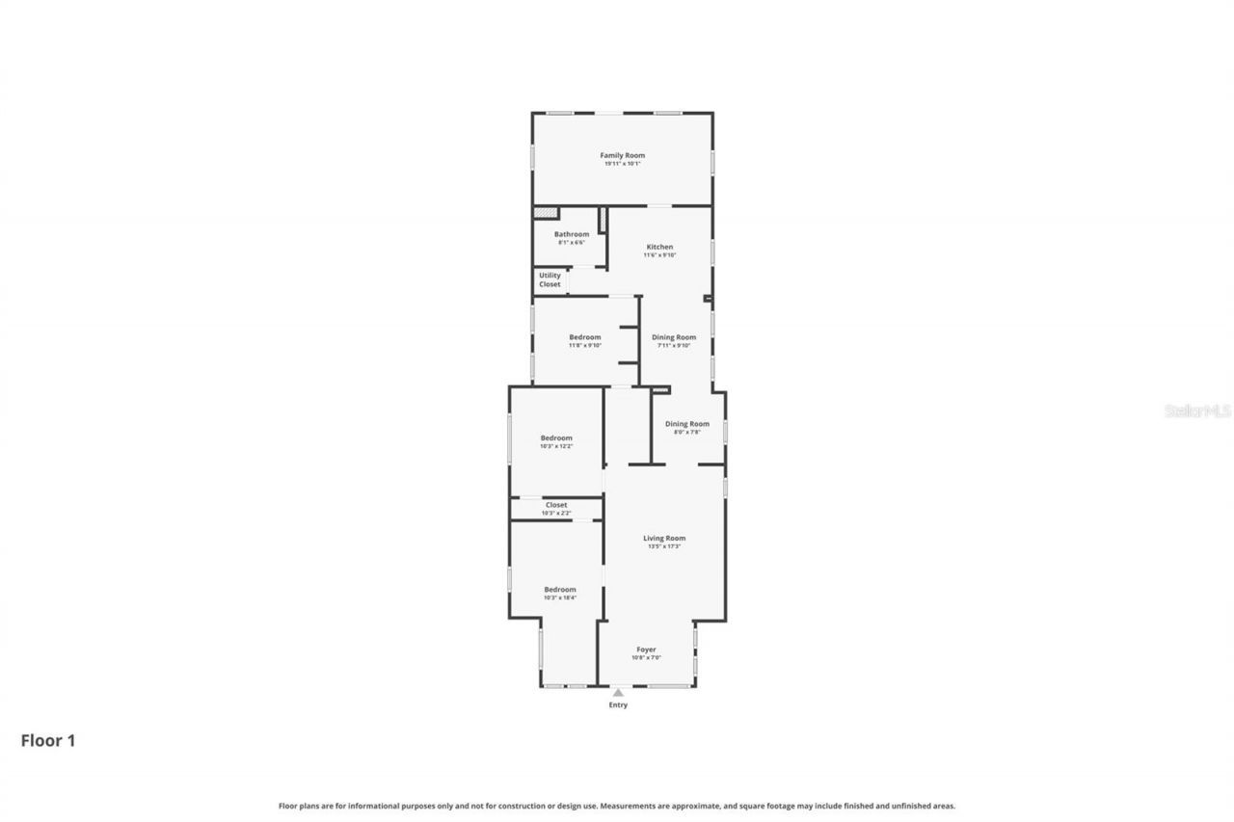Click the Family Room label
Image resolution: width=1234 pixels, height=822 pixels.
coord(622,155)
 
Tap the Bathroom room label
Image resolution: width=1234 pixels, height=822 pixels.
coord(572,234)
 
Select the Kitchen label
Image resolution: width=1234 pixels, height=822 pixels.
coord(659,247)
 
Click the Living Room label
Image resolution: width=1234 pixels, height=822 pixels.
coord(664,538)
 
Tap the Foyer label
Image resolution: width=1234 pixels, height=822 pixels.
coord(646,650)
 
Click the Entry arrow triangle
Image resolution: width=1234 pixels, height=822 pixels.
coord(618,691)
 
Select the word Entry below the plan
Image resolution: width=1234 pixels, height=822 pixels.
coord(618,705)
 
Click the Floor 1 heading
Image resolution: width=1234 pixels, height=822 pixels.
coord(48,740)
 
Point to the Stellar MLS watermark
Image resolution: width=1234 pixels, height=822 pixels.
coord(1197,411)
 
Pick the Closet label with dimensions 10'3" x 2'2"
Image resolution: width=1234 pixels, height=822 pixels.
coord(556,505)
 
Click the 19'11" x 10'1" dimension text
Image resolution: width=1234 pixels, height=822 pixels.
coord(622,164)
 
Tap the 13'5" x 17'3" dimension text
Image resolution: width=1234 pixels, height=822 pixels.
coord(664,546)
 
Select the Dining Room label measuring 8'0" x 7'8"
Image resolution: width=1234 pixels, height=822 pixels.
coord(686,424)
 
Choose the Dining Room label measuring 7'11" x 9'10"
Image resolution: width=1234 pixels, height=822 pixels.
coord(673,337)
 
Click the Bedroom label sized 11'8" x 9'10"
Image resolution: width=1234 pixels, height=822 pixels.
coord(584,337)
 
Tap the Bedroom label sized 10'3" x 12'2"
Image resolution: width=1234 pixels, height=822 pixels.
coord(556,438)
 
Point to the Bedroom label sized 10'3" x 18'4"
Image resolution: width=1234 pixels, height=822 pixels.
coord(559,590)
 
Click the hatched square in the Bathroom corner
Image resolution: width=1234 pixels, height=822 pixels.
coord(546,213)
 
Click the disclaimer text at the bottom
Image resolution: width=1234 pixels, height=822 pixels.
coord(617,806)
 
